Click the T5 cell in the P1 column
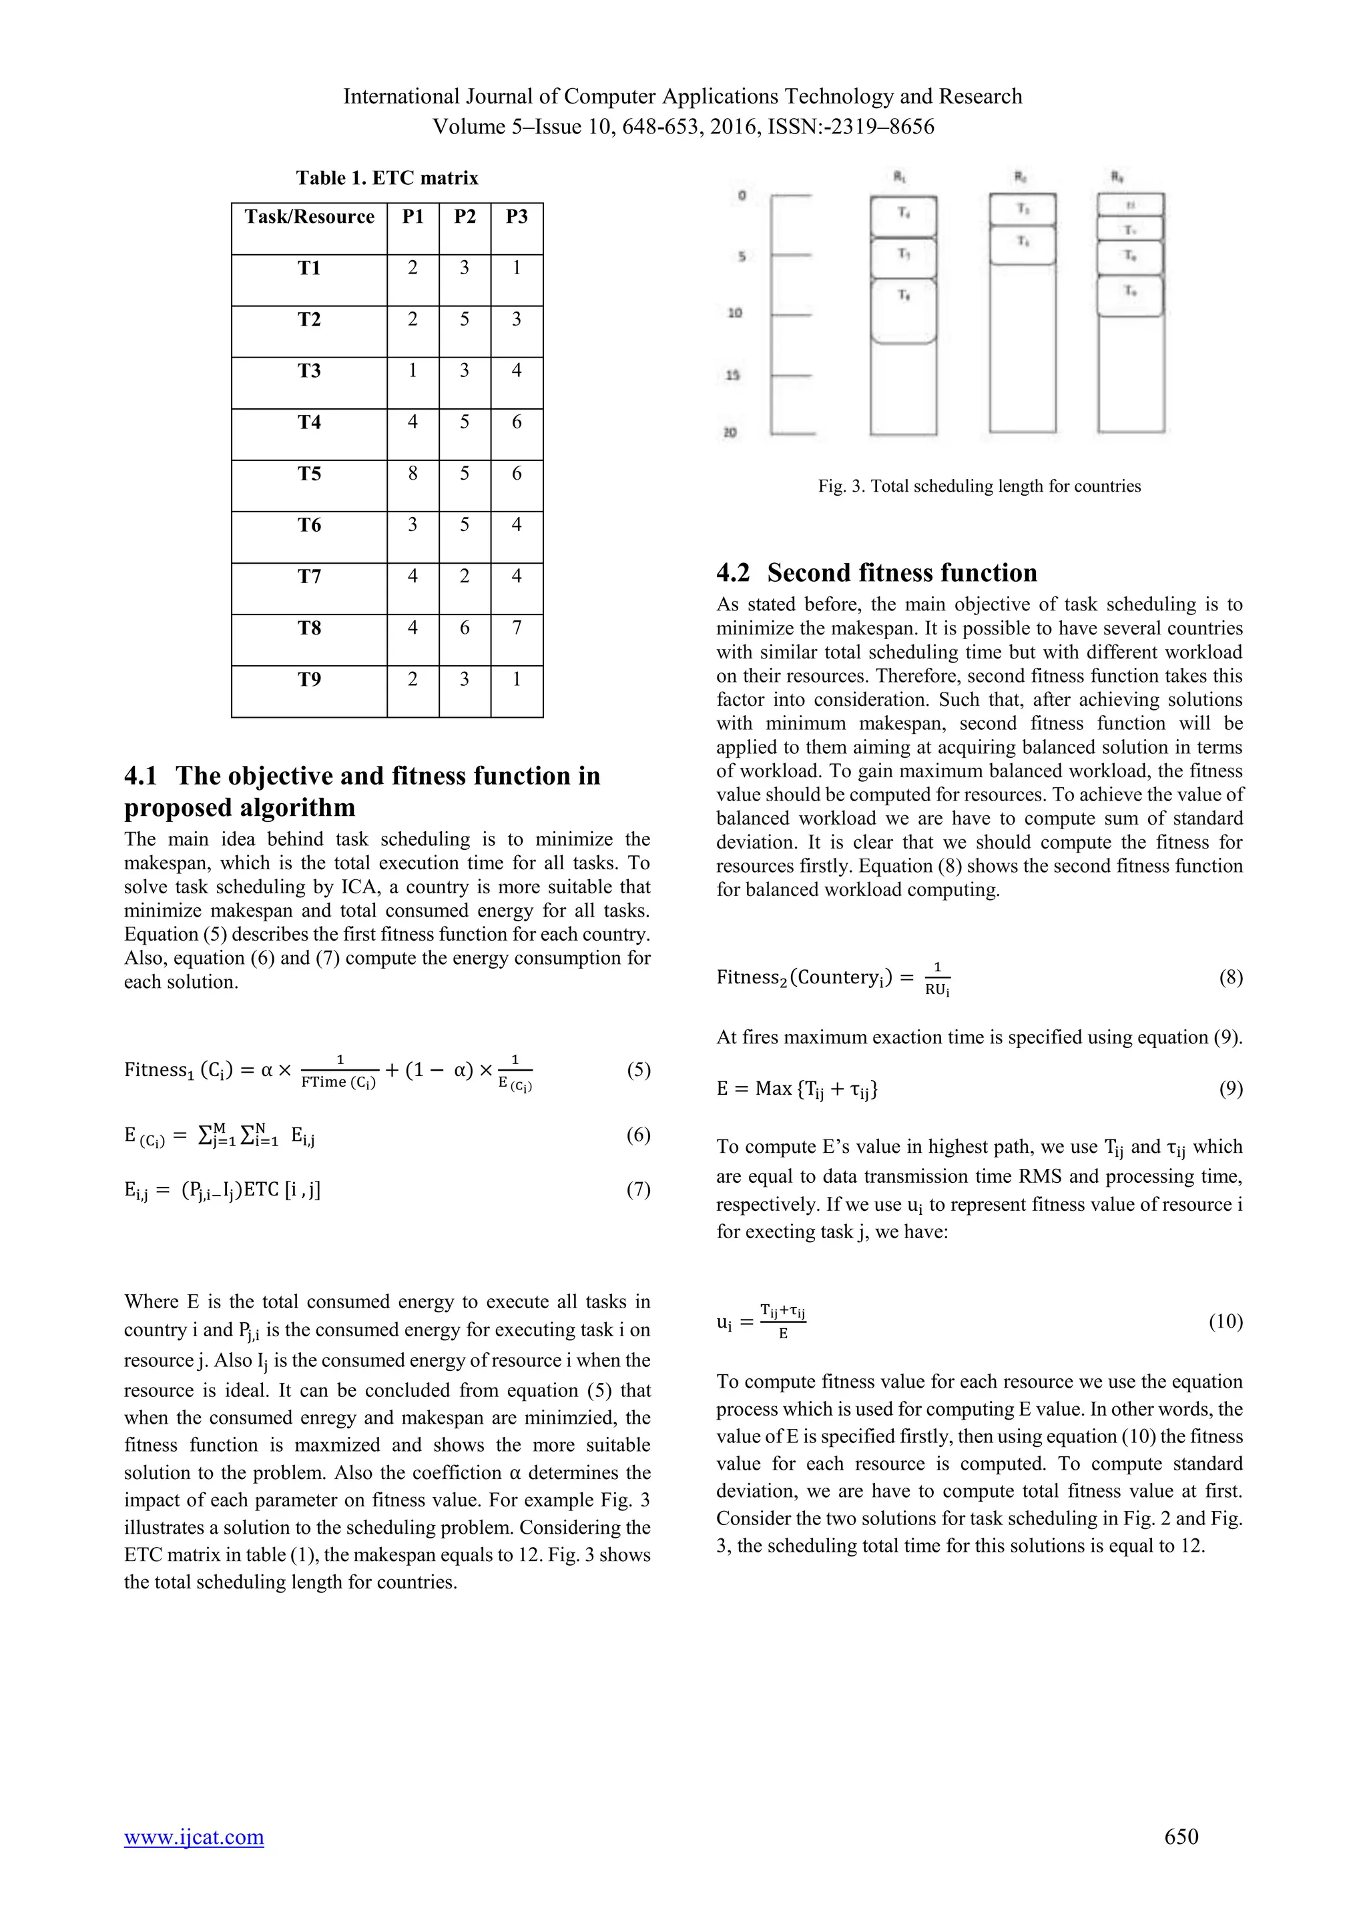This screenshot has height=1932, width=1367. tap(413, 474)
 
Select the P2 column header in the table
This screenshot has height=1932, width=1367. tap(465, 217)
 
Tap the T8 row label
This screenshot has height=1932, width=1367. tap(309, 628)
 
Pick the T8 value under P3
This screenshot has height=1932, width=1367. tap(516, 628)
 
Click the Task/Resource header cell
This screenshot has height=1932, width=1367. tap(309, 217)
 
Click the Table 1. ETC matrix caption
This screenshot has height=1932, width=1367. tap(387, 177)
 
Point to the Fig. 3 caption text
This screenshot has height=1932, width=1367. tap(979, 486)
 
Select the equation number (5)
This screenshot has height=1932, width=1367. tap(638, 1069)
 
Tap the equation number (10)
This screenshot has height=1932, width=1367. tap(1225, 1321)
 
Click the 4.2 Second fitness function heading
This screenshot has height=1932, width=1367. tap(876, 572)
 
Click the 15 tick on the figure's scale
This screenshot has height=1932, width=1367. tap(732, 376)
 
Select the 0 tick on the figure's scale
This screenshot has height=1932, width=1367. tap(741, 196)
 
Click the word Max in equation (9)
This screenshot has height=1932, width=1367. tap(773, 1089)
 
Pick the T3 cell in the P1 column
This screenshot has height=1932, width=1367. tap(413, 371)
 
